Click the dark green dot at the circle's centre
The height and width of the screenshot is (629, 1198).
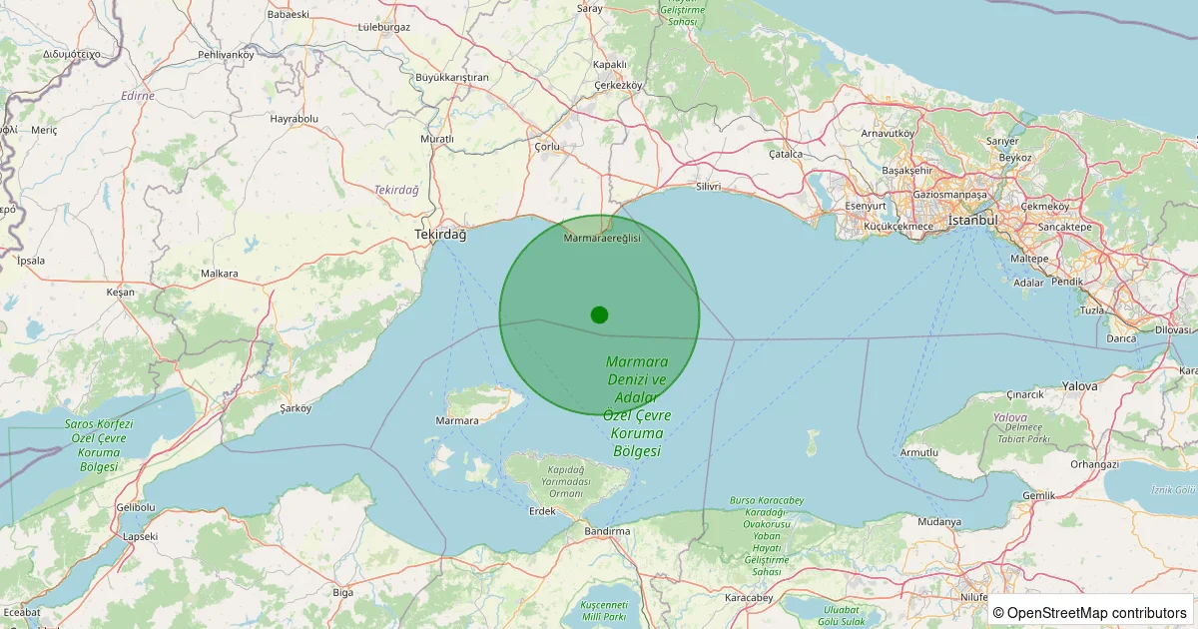pyautogui.click(x=599, y=314)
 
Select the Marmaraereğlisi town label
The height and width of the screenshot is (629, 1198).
pyautogui.click(x=602, y=239)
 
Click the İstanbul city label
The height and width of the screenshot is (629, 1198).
pyautogui.click(x=972, y=220)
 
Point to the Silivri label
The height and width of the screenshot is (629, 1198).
pyautogui.click(x=709, y=187)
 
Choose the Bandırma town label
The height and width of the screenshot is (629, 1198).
pyautogui.click(x=607, y=531)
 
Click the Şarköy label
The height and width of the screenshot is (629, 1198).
pyautogui.click(x=297, y=407)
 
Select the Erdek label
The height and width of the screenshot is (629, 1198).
pyautogui.click(x=541, y=511)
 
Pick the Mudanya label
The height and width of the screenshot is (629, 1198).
pyautogui.click(x=939, y=521)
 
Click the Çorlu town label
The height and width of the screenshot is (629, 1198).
pyautogui.click(x=548, y=147)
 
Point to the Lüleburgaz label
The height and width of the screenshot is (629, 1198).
pyautogui.click(x=384, y=27)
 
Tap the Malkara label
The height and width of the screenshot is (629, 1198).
pyautogui.click(x=220, y=273)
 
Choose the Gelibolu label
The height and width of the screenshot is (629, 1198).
pyautogui.click(x=136, y=507)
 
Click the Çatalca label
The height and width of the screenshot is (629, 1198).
pyautogui.click(x=786, y=154)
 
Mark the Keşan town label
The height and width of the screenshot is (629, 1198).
pyautogui.click(x=120, y=293)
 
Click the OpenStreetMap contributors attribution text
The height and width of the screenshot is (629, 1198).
pyautogui.click(x=1090, y=612)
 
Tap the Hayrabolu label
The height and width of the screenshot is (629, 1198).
pyautogui.click(x=294, y=118)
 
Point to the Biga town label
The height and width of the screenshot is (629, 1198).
pyautogui.click(x=342, y=592)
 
